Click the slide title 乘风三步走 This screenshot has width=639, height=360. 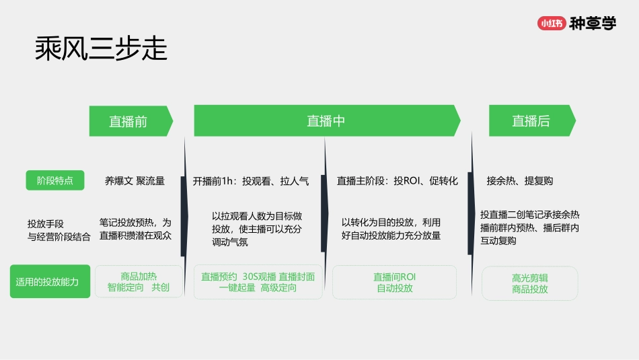coord(101,49)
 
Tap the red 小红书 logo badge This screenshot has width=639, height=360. coord(550,24)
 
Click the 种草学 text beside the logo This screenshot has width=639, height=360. coord(592,24)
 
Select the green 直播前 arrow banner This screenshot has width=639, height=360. coord(130,121)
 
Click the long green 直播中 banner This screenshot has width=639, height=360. coord(326,121)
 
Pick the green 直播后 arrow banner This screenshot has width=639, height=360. coord(531,121)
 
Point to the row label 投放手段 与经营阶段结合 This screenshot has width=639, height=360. coord(59,230)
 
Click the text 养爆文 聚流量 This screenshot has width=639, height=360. coord(135,181)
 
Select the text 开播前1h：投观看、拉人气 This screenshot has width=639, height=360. coord(251,181)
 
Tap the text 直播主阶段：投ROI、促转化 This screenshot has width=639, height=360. coord(397,181)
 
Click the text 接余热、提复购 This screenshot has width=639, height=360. coord(520,181)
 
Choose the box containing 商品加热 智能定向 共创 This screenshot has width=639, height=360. coord(139,282)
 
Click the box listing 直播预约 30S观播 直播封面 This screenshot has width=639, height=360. coord(258,282)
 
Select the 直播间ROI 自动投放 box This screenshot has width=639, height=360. coord(394,282)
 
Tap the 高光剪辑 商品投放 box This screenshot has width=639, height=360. coord(529,283)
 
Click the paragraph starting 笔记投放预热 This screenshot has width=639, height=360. coord(135,229)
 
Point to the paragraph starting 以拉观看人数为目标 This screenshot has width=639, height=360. coord(257,229)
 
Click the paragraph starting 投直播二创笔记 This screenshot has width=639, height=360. coord(529,227)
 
